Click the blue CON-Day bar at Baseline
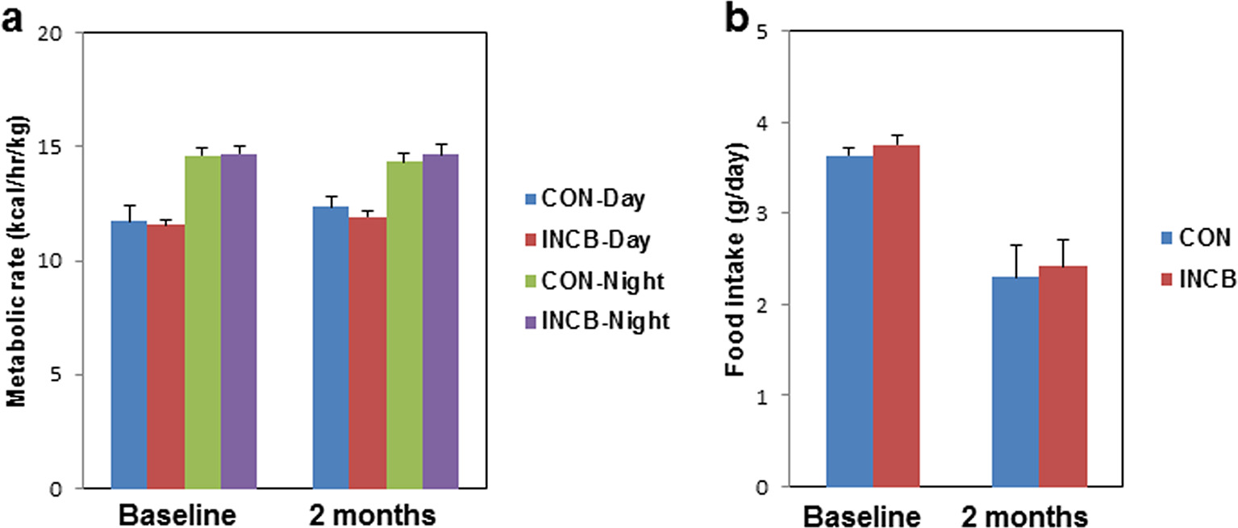point(129,355)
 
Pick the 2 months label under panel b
point(1024,513)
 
